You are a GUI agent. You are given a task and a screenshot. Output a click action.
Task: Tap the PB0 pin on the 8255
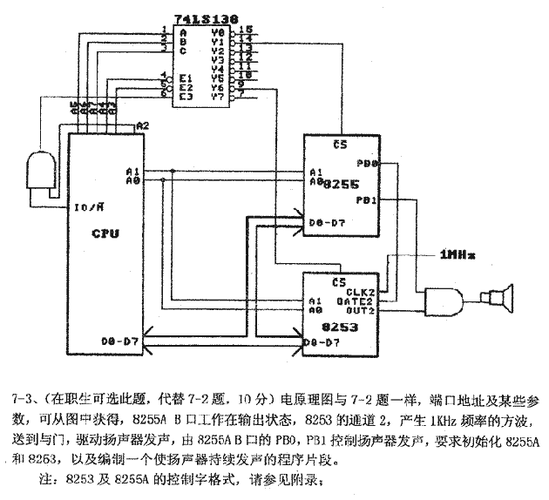point(367,163)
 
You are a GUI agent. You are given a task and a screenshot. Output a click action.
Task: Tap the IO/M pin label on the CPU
point(89,207)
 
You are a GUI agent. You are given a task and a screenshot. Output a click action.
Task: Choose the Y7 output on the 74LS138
point(218,96)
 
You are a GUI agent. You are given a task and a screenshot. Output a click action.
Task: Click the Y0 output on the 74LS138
point(218,31)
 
